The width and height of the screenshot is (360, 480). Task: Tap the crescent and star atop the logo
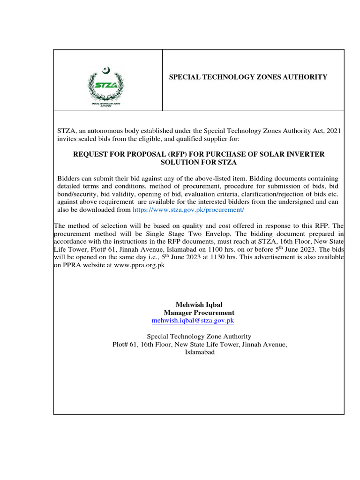coord(106,71)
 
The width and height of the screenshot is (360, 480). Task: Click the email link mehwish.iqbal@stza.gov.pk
coord(193,321)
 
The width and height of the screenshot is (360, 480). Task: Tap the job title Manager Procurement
coord(199,313)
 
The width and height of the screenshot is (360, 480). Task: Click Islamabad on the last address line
coord(199,352)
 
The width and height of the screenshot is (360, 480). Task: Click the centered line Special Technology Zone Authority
coord(199,337)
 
